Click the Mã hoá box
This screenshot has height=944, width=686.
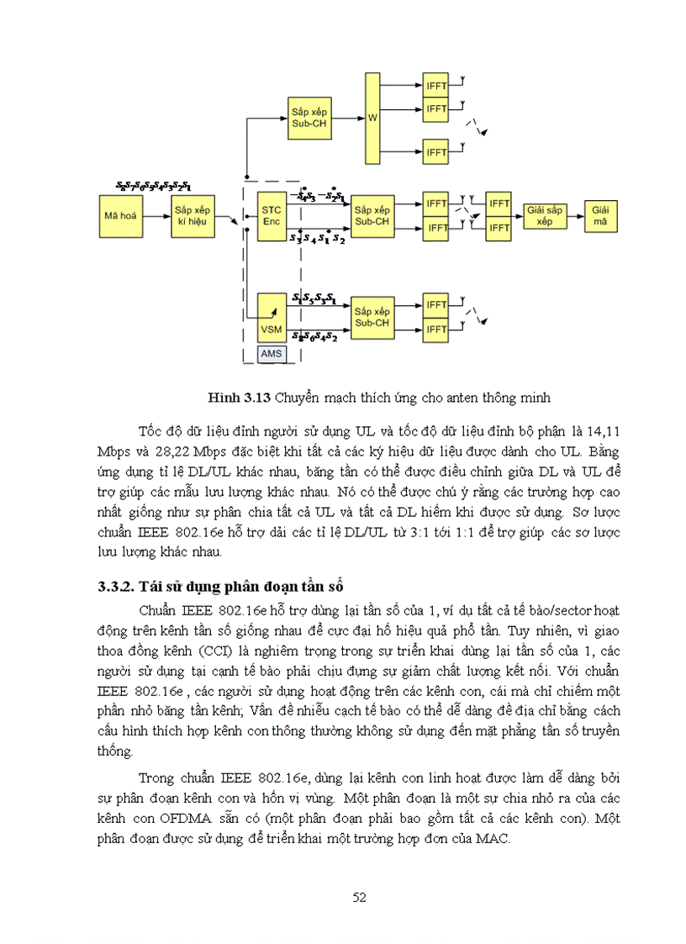click(120, 215)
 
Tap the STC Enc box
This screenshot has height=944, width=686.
click(272, 215)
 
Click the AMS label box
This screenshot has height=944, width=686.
click(272, 354)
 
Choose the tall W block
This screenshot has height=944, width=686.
click(372, 118)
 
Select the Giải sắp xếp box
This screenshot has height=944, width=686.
click(544, 215)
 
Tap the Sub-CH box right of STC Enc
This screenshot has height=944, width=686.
click(371, 215)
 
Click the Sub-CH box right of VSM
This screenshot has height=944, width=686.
click(371, 317)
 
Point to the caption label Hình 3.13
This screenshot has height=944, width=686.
click(232, 395)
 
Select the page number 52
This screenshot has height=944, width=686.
click(359, 898)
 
